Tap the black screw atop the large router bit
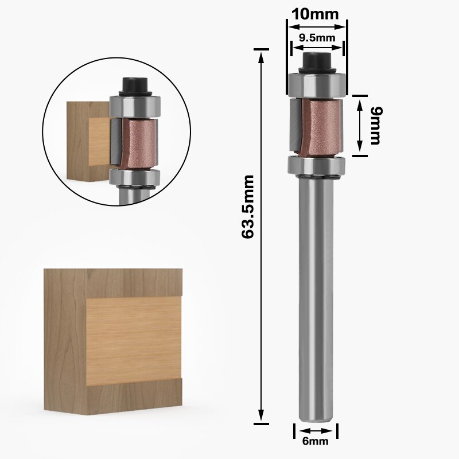pyautogui.click(x=316, y=59)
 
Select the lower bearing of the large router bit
pyautogui.click(x=316, y=166)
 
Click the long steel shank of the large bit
pyautogui.click(x=317, y=298)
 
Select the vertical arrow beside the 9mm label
pyautogui.click(x=359, y=125)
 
